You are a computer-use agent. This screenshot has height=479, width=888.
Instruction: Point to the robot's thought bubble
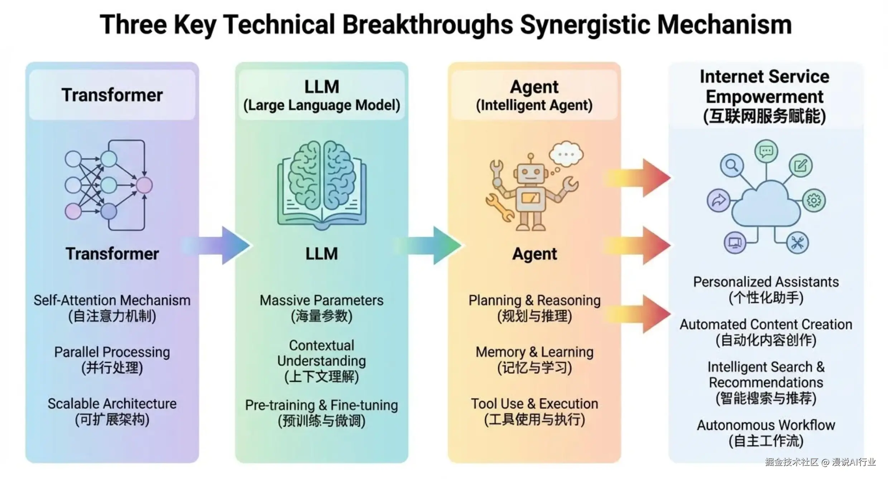(x=566, y=154)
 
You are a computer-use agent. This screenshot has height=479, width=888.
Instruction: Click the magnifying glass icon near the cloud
(x=731, y=165)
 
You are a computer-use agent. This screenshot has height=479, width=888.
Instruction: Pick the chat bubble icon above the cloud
(x=766, y=151)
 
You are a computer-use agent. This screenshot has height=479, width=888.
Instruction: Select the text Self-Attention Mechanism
(x=112, y=300)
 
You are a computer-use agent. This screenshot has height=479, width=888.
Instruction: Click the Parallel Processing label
(x=112, y=352)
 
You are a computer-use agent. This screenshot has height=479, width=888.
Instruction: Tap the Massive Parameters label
(x=321, y=300)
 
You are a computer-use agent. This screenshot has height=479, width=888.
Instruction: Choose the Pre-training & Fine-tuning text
(x=321, y=405)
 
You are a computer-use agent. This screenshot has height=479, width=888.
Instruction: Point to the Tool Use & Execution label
(x=534, y=404)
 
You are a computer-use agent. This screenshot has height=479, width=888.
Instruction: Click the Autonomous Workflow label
(x=766, y=425)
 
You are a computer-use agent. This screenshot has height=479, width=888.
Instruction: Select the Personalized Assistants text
(x=766, y=282)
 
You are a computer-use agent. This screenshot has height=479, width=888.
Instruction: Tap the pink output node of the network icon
(x=144, y=185)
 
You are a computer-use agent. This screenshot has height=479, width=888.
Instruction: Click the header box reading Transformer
(x=112, y=95)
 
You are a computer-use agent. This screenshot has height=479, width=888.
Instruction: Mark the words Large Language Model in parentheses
(x=321, y=105)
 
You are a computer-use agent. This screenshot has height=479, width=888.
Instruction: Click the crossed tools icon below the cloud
(x=797, y=243)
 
